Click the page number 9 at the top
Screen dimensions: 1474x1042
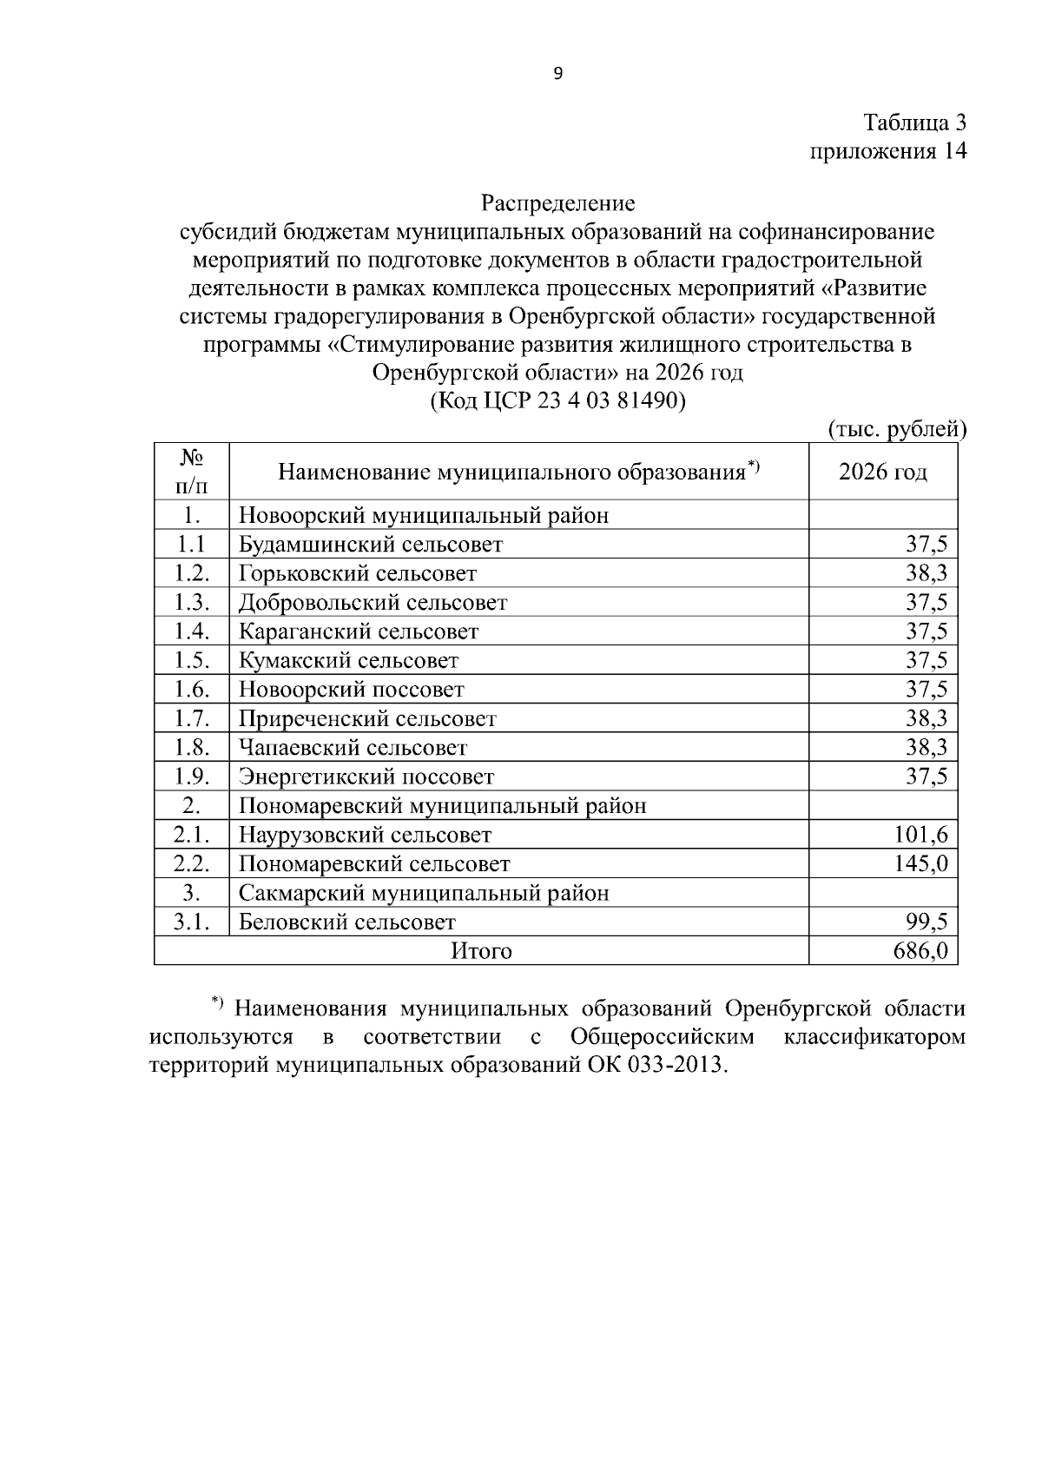pyautogui.click(x=557, y=74)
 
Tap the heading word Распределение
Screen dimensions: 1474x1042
pyautogui.click(x=558, y=203)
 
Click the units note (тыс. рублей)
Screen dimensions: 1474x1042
pyautogui.click(x=897, y=429)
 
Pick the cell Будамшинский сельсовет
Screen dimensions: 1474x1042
pyautogui.click(x=371, y=545)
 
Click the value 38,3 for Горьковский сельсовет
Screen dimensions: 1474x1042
pyautogui.click(x=926, y=573)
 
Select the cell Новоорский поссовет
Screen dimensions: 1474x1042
pyautogui.click(x=352, y=690)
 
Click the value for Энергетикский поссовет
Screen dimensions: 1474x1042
pyautogui.click(x=926, y=777)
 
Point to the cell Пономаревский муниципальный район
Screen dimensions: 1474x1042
pyautogui.click(x=442, y=805)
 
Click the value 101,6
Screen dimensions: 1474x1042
pyautogui.click(x=920, y=835)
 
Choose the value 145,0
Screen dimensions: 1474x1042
pyautogui.click(x=920, y=864)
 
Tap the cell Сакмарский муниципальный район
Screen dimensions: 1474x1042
pyautogui.click(x=424, y=893)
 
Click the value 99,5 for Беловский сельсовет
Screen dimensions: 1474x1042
pyautogui.click(x=926, y=922)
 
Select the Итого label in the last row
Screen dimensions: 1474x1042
pyautogui.click(x=481, y=951)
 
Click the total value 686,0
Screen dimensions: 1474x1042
pyautogui.click(x=920, y=951)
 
